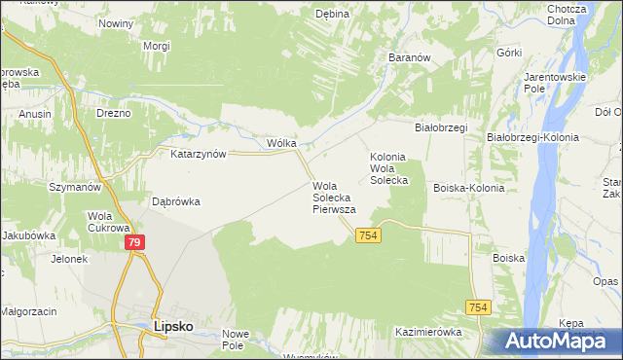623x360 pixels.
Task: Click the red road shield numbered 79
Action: (135, 242)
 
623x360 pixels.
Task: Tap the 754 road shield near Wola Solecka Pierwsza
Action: (368, 236)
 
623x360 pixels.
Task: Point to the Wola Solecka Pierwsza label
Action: (334, 198)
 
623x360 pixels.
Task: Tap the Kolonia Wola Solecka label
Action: (387, 168)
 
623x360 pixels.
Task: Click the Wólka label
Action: (281, 142)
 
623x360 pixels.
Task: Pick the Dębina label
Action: (332, 14)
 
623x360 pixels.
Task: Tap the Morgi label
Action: (157, 46)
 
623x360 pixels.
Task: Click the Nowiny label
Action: (116, 22)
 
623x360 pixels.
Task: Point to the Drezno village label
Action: (113, 114)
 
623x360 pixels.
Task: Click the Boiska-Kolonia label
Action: (469, 188)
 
